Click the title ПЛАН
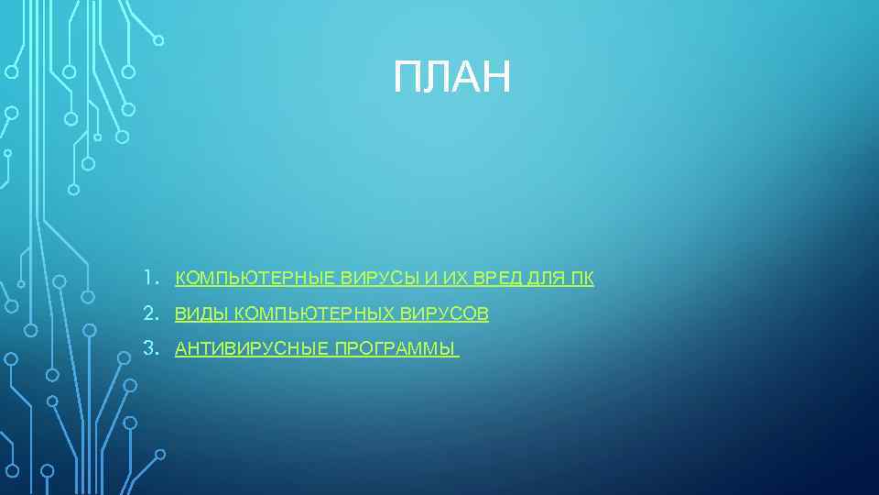[x=452, y=78]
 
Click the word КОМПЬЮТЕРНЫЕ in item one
[x=255, y=279]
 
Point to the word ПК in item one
[x=581, y=279]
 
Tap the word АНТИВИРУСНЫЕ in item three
[x=251, y=349]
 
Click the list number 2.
[x=147, y=313]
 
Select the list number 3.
[x=147, y=348]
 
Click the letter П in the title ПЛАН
[x=407, y=78]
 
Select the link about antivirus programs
[x=316, y=349]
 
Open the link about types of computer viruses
[x=331, y=314]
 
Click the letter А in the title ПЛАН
[x=467, y=78]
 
